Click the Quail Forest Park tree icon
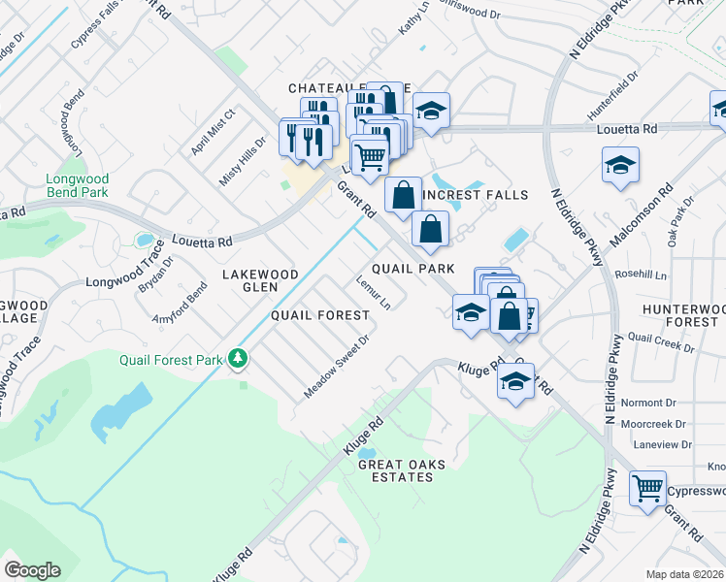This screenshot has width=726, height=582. [x=237, y=359]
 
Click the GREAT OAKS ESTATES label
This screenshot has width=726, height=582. [x=402, y=471]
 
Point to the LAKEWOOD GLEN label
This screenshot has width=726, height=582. [x=260, y=281]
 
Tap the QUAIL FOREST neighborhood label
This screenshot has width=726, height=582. [x=319, y=315]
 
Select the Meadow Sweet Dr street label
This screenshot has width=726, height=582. [x=337, y=367]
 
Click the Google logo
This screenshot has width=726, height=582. [x=32, y=570]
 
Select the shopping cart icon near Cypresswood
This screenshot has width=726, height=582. [x=647, y=489]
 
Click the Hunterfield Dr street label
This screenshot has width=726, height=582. [x=613, y=94]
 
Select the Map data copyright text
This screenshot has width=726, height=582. [x=684, y=574]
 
